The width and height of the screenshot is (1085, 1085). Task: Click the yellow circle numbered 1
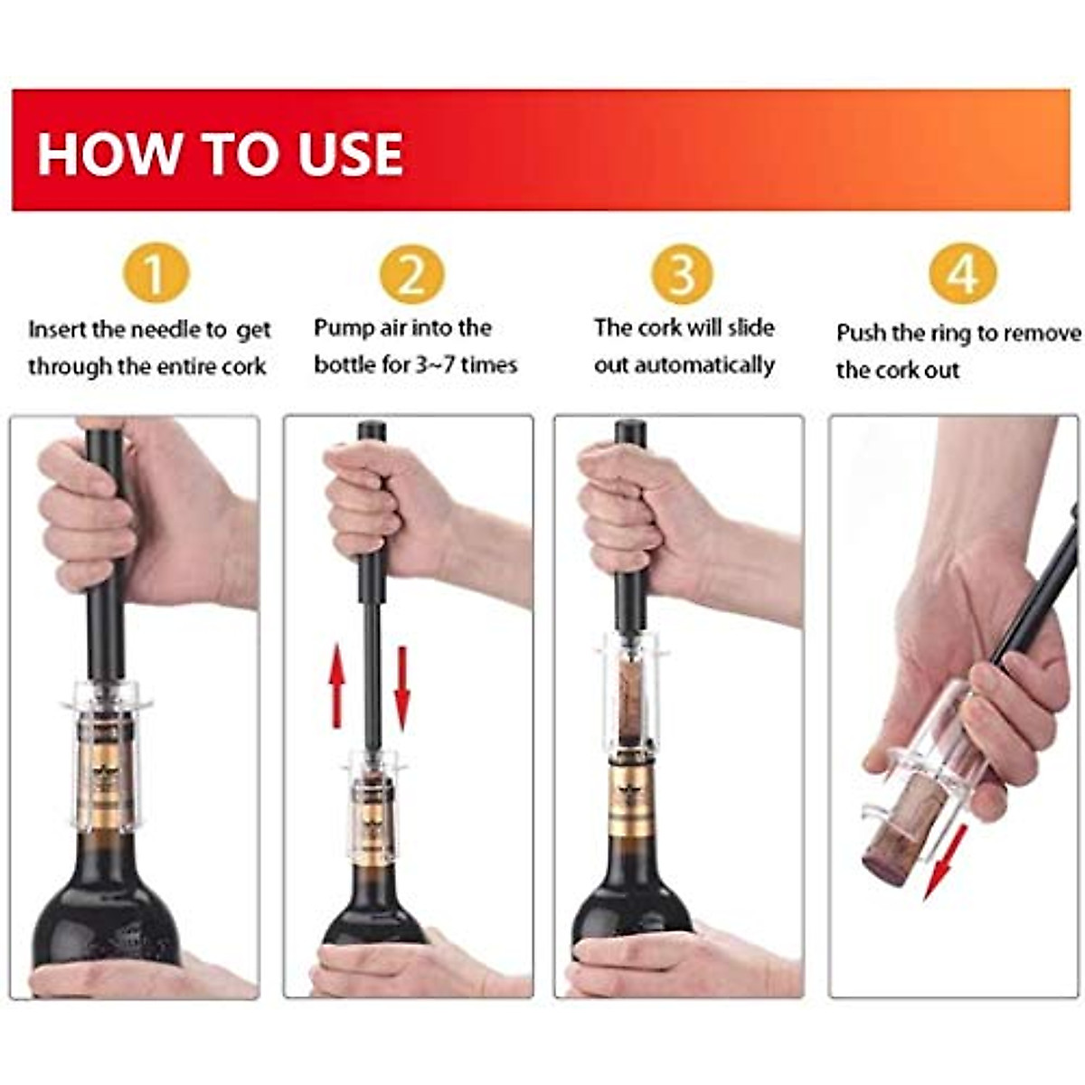pos(156,273)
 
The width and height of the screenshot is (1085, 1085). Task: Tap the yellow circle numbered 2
pos(411,273)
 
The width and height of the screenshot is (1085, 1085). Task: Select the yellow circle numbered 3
pos(682,273)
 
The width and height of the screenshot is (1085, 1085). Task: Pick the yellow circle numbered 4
pos(963,273)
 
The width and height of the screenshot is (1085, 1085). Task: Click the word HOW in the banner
pos(108,153)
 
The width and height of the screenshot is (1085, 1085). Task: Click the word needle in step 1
pos(177,330)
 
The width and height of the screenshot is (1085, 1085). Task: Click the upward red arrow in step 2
pos(336,686)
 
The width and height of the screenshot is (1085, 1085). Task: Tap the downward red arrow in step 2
pos(402,686)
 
